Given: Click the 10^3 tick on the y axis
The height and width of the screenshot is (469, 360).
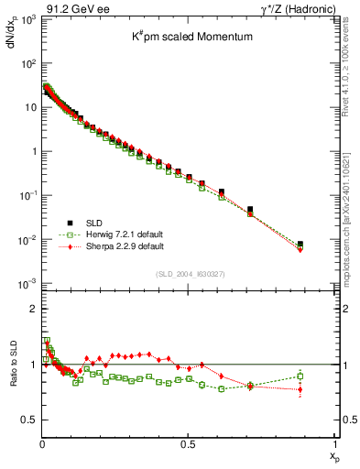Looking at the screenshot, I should click(x=28, y=19).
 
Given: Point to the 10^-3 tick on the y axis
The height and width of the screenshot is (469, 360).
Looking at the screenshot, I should click(x=27, y=283).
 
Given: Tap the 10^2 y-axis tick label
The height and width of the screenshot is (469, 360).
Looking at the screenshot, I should click(x=28, y=63).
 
